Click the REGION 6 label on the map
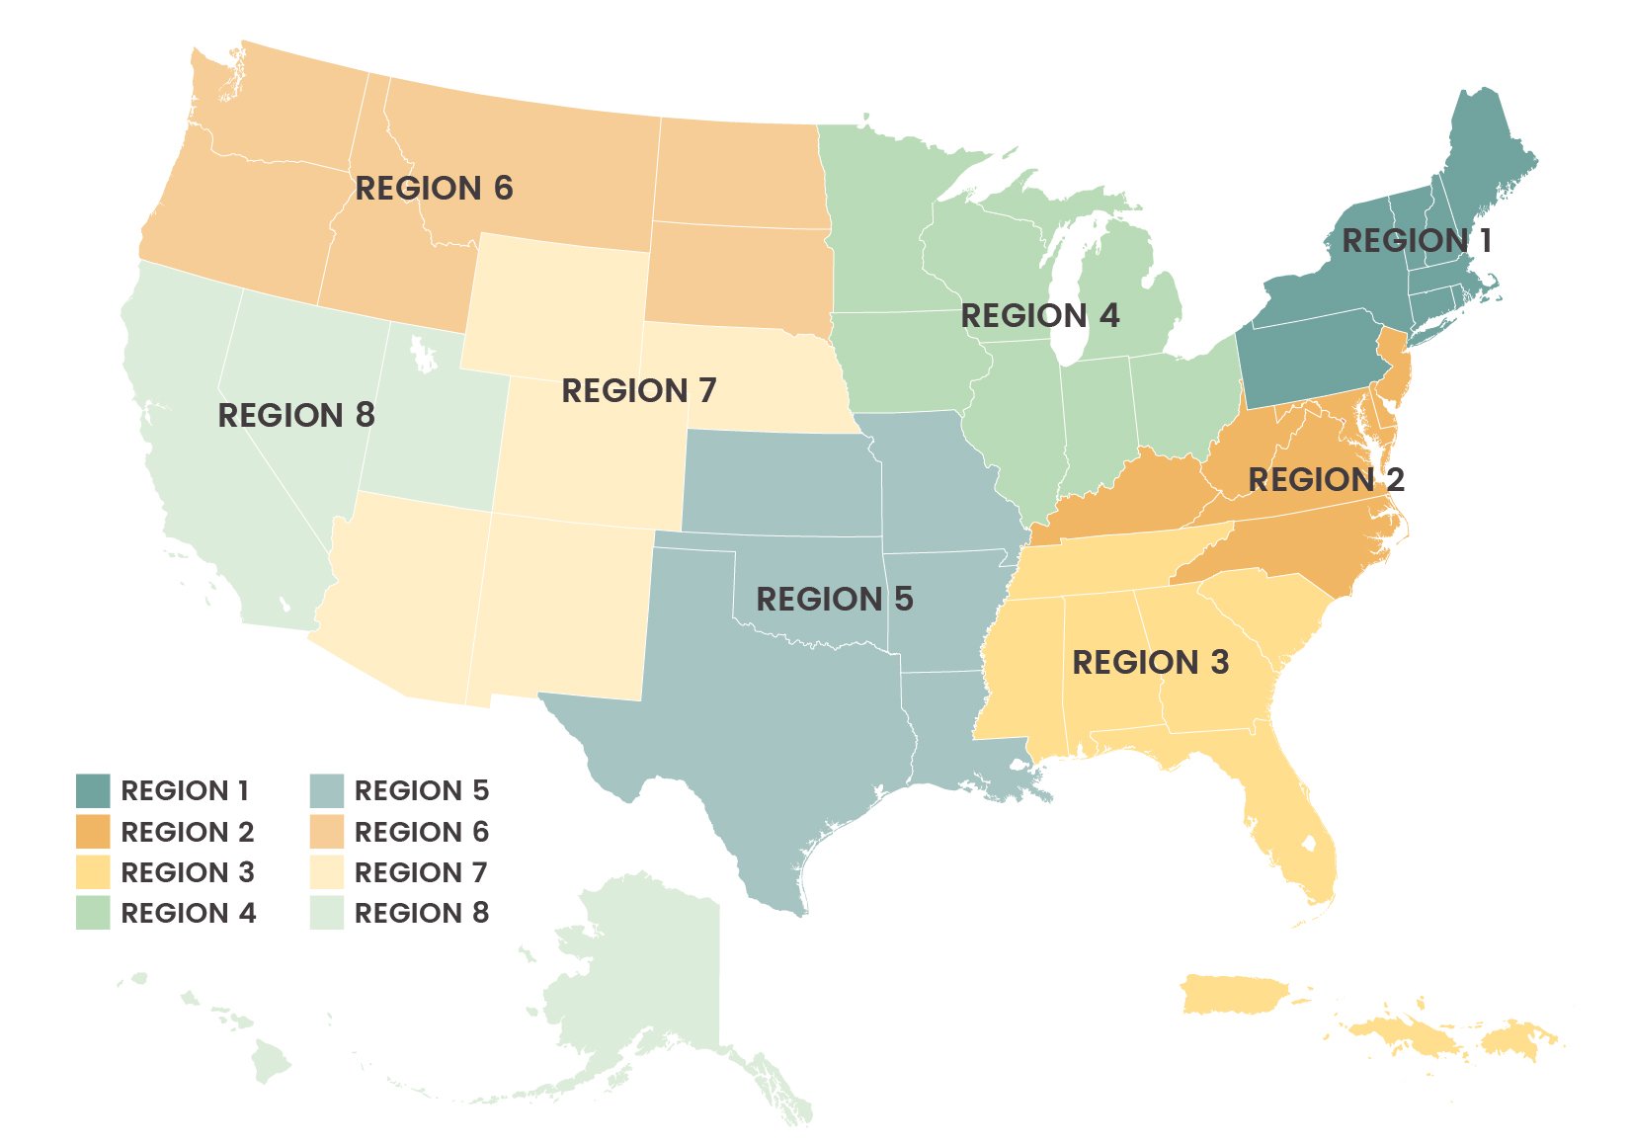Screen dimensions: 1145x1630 (x=434, y=188)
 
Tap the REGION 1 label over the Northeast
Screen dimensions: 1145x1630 (x=1416, y=240)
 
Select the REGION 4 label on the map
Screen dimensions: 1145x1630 (x=1039, y=315)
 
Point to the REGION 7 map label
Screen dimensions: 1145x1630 (x=638, y=390)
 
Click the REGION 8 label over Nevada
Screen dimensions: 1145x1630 (x=296, y=415)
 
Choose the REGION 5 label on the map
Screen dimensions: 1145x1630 (x=834, y=599)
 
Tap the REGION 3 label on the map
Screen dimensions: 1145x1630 (x=1150, y=661)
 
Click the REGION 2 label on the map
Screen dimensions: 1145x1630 (x=1326, y=479)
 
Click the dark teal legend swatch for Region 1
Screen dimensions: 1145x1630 (x=93, y=790)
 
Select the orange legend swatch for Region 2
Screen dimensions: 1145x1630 (x=93, y=832)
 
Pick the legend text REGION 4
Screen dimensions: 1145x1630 (x=188, y=914)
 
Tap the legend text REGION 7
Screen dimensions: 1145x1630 (x=421, y=872)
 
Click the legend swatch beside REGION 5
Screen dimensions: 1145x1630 (x=326, y=790)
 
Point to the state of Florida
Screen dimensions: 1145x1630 (x=1284, y=820)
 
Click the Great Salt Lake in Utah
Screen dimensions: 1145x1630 (x=424, y=354)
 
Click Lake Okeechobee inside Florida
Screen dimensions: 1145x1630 (x=1309, y=845)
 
